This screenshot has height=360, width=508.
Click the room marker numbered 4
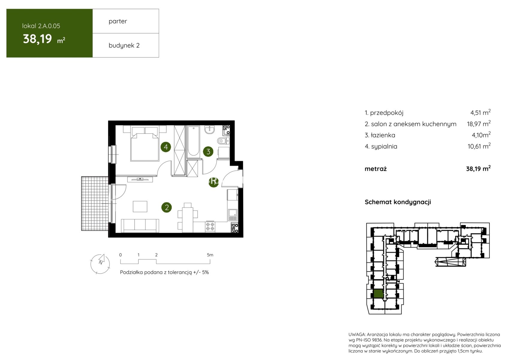(166, 147)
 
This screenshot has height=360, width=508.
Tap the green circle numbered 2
(167, 208)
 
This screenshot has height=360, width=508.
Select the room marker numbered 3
(208, 151)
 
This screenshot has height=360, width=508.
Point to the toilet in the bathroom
(223, 141)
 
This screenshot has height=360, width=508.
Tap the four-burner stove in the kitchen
(210, 227)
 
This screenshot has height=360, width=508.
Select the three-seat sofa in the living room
(140, 226)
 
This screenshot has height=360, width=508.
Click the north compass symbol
(100, 264)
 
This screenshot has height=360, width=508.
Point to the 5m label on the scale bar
(210, 255)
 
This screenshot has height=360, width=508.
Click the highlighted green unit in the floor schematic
(378, 294)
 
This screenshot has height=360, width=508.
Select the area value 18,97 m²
(479, 124)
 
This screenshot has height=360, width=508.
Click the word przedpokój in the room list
(387, 113)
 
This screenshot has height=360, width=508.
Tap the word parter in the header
(118, 21)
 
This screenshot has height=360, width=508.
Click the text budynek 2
(124, 45)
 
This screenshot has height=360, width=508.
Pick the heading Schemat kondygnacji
(398, 202)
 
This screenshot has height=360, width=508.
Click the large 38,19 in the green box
(37, 39)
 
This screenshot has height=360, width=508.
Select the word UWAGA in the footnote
(357, 334)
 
